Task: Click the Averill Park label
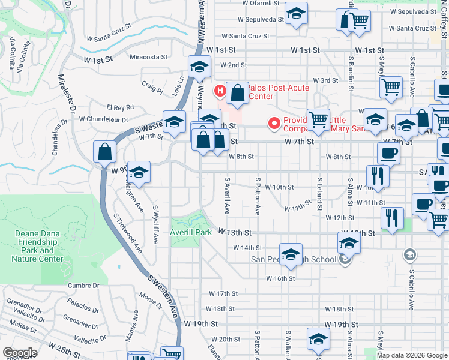[x=191, y=232]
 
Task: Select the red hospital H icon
[x=220, y=91]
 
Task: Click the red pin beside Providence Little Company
[x=275, y=124]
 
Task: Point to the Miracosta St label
[x=149, y=57]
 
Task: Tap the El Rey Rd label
[x=120, y=107]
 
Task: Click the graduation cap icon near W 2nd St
[x=199, y=68]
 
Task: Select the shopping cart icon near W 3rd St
[x=391, y=88]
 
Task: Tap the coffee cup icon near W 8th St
[x=388, y=154]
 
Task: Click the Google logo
[x=20, y=353]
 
